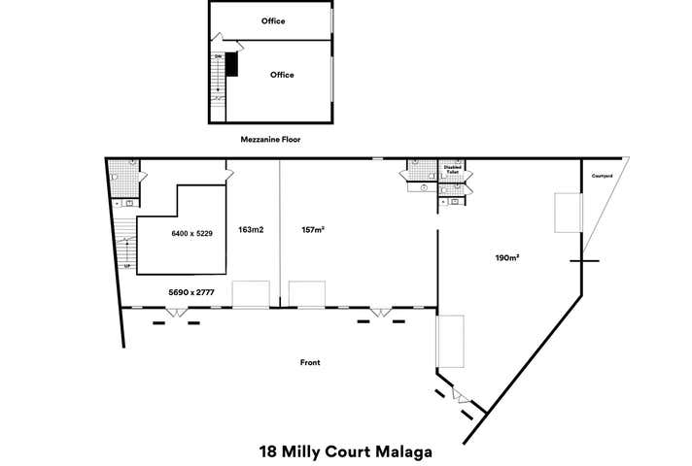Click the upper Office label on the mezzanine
273,20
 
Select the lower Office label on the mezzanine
282,75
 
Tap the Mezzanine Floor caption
270,140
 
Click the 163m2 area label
252,231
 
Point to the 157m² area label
312,231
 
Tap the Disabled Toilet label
453,169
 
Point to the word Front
310,362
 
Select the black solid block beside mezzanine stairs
232,65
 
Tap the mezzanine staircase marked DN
219,78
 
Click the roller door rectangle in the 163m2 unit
250,293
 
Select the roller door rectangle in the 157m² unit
306,293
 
